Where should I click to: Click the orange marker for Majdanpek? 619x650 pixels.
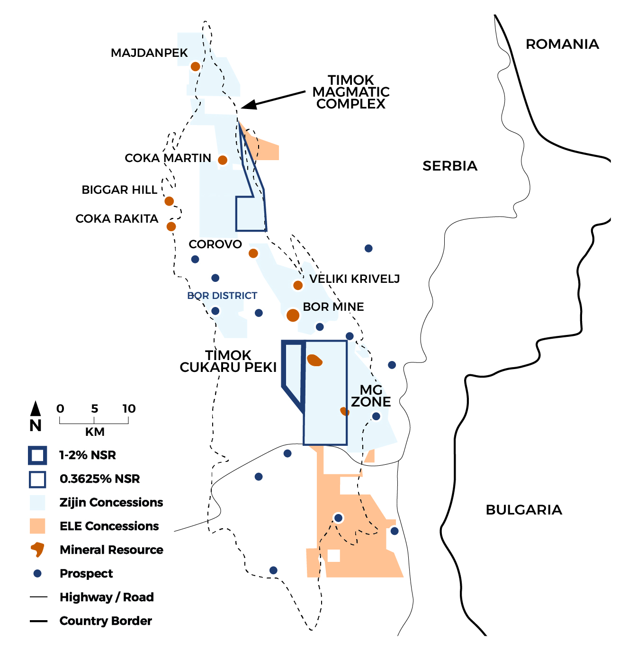(x=195, y=66)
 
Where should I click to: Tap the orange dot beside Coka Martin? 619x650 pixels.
(x=223, y=160)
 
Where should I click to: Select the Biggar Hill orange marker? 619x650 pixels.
(x=169, y=201)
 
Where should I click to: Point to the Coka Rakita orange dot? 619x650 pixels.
(x=171, y=226)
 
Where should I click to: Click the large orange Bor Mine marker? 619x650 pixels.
(x=293, y=315)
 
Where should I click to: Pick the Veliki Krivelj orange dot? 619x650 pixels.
(x=298, y=285)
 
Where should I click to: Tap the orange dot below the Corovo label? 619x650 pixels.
(x=253, y=253)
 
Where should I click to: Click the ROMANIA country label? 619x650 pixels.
(x=562, y=45)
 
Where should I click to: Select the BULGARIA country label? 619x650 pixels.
(x=524, y=510)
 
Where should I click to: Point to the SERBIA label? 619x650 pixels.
(x=450, y=166)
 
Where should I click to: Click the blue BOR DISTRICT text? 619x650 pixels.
(x=222, y=296)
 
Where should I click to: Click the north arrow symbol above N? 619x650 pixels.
(x=36, y=408)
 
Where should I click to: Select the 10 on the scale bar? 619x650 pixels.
(x=129, y=408)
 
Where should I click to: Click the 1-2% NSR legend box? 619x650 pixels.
(x=37, y=455)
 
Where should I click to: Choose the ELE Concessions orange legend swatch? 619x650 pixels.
(x=37, y=526)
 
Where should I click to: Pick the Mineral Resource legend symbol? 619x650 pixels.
(x=37, y=550)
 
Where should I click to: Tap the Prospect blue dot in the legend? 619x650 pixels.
(x=37, y=573)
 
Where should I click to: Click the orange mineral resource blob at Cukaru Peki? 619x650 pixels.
(x=314, y=361)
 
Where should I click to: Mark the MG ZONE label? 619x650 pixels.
(x=371, y=396)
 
